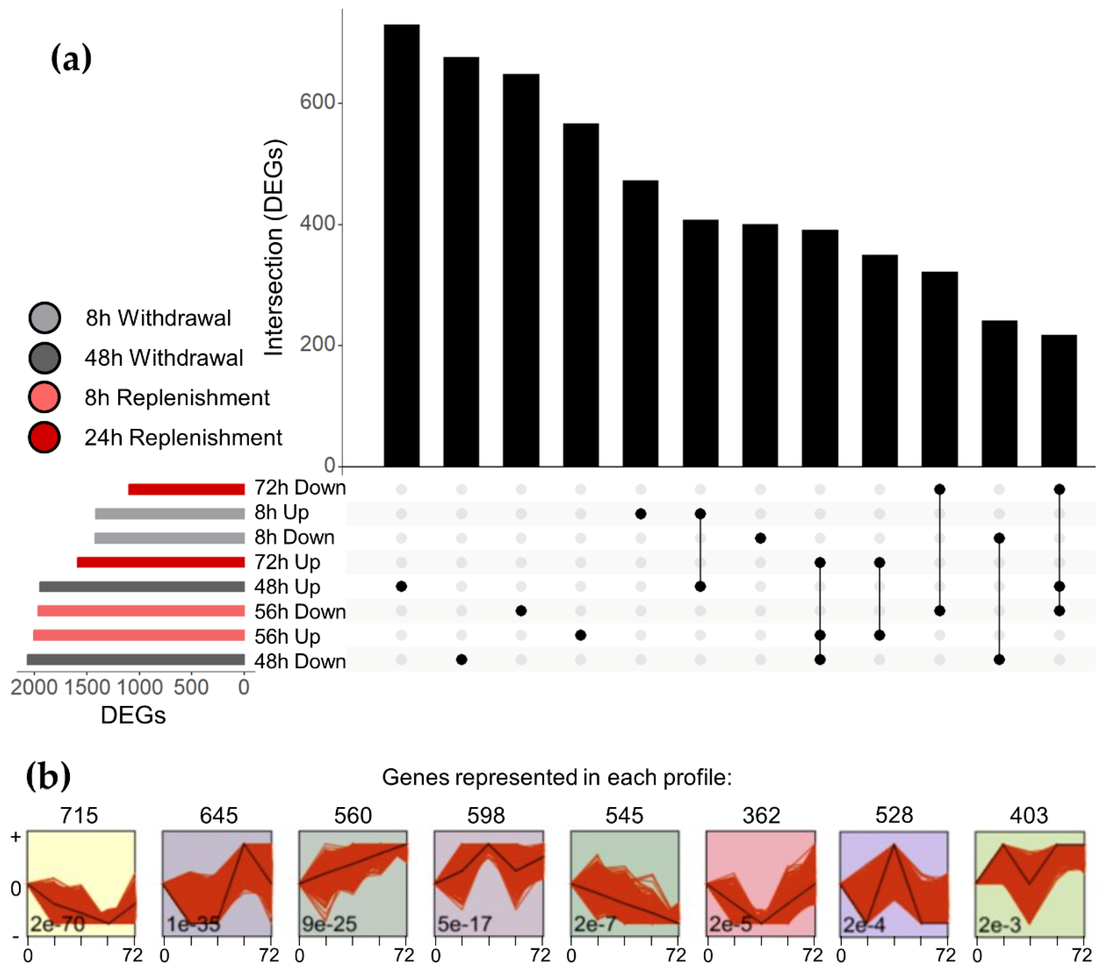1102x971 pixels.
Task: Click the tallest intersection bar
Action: pyautogui.click(x=401, y=245)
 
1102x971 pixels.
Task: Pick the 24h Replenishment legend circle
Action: pyautogui.click(x=45, y=437)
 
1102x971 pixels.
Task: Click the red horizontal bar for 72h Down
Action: pyautogui.click(x=186, y=489)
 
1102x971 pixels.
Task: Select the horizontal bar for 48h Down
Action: pyautogui.click(x=136, y=659)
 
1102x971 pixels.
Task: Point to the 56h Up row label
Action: pyautogui.click(x=287, y=636)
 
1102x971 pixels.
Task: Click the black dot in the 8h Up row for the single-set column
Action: pyautogui.click(x=641, y=514)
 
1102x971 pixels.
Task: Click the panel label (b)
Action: pyautogui.click(x=49, y=776)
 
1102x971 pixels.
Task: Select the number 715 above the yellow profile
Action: pyautogui.click(x=79, y=815)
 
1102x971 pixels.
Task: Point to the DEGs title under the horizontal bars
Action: pyautogui.click(x=133, y=715)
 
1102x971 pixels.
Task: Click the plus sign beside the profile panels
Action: pyautogui.click(x=16, y=837)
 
